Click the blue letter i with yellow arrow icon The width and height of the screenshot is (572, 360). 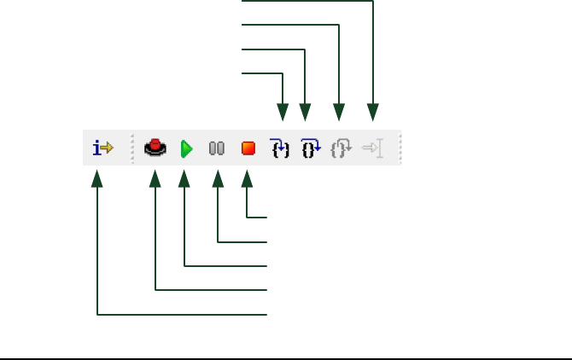(x=102, y=148)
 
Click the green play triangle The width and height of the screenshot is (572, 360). (x=186, y=149)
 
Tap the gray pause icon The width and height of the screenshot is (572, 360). (x=217, y=148)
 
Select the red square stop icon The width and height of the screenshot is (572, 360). (x=248, y=148)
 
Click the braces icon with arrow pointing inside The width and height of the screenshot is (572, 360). (x=279, y=148)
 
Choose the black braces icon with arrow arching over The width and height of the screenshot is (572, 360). (x=309, y=148)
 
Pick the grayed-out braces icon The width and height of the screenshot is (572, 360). (x=341, y=148)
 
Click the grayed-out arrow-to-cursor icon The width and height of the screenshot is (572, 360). (x=372, y=148)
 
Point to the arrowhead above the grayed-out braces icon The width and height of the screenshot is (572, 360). (x=340, y=112)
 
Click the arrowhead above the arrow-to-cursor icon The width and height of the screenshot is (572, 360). (x=373, y=112)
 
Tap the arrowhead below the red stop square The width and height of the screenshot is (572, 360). (x=248, y=178)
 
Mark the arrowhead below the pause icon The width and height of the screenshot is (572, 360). (x=218, y=178)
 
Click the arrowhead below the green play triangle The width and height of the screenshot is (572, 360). (x=184, y=178)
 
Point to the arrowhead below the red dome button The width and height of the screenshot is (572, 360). (x=155, y=178)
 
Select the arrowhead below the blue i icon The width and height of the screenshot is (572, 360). (x=98, y=178)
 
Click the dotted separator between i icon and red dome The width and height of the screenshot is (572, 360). (x=132, y=148)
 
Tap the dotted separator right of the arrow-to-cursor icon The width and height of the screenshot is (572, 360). (x=400, y=148)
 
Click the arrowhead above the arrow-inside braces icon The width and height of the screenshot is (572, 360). (x=283, y=112)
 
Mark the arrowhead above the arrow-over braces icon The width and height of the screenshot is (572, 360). (x=306, y=112)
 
